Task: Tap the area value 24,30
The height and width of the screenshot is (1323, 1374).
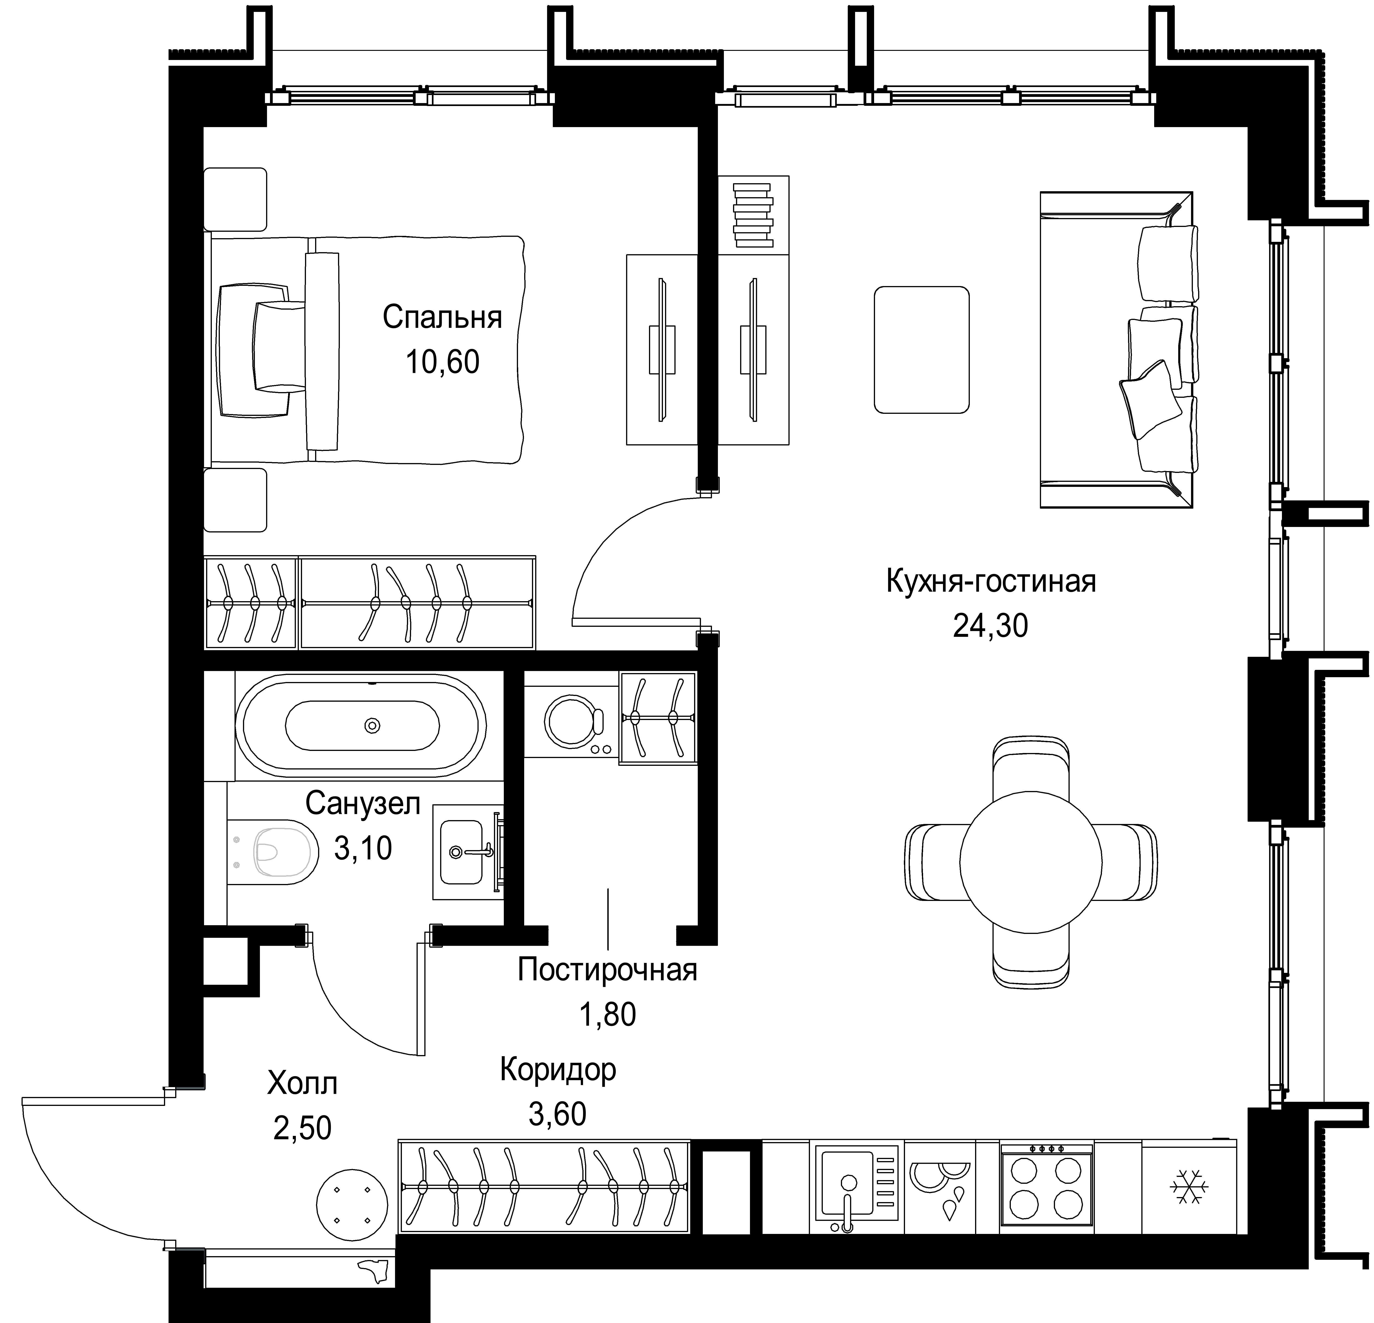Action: tap(991, 625)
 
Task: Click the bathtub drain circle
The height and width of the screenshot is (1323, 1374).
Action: tap(372, 726)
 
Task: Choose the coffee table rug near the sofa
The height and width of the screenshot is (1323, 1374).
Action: tap(921, 349)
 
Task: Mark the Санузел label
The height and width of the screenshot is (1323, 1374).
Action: tap(363, 804)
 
